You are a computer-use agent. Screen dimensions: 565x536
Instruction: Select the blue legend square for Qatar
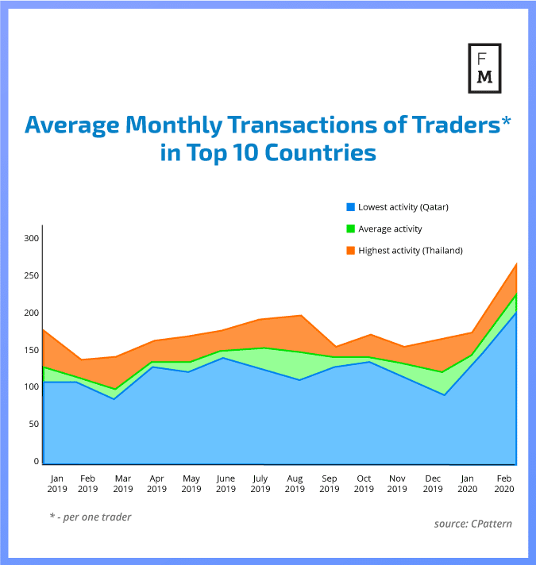pos(349,207)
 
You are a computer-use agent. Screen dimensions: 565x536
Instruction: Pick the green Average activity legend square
pos(349,229)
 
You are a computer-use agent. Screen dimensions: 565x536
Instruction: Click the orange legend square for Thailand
pos(349,250)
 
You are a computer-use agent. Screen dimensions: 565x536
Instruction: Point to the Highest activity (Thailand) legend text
pos(410,250)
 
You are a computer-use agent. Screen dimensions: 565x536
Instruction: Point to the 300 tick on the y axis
pos(31,238)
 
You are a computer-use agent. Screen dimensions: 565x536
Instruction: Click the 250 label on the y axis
pos(31,275)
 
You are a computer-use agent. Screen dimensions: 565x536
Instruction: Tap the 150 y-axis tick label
pos(31,350)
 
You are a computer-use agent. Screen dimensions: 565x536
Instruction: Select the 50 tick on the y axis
pos(33,425)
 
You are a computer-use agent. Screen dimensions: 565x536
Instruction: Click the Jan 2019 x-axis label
pos(56,483)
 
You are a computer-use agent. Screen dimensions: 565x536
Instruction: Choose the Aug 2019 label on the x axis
pos(295,483)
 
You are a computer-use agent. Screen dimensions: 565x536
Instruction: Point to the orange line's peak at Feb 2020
pos(515,263)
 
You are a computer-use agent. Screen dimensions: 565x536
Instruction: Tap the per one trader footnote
pos(90,517)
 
